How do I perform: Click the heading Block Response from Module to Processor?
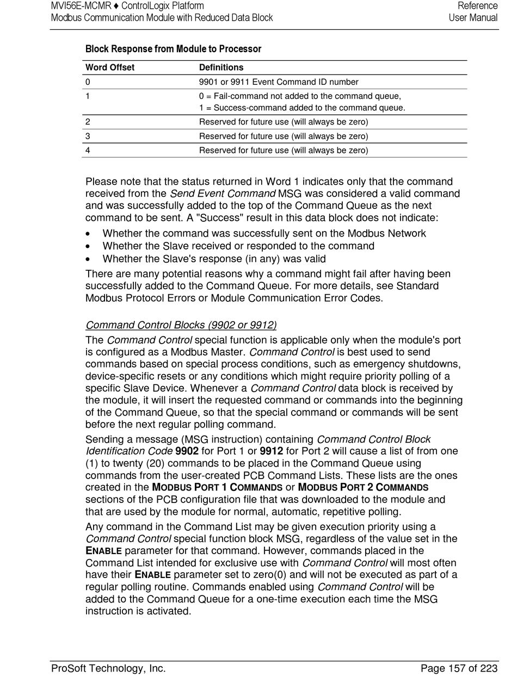click(x=173, y=49)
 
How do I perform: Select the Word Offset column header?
click(x=110, y=67)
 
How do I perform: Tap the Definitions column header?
click(x=221, y=67)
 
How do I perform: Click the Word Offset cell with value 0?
click(x=88, y=82)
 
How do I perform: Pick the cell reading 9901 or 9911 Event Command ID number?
click(x=279, y=82)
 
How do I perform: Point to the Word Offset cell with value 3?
click(x=88, y=136)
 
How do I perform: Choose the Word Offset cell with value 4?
click(x=88, y=150)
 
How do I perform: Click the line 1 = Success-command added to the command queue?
click(x=302, y=108)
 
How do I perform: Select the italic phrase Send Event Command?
click(x=223, y=194)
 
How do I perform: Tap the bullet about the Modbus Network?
click(x=264, y=233)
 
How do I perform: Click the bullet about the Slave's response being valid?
click(x=214, y=259)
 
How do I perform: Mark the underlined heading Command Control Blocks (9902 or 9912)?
click(x=181, y=325)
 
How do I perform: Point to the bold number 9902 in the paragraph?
click(x=187, y=451)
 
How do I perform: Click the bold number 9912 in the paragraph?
click(x=272, y=451)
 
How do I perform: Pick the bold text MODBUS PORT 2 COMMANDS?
click(x=363, y=487)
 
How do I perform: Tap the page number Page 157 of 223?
click(x=459, y=668)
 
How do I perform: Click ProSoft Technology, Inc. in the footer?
click(x=108, y=668)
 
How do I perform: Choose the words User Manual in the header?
click(x=473, y=17)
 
